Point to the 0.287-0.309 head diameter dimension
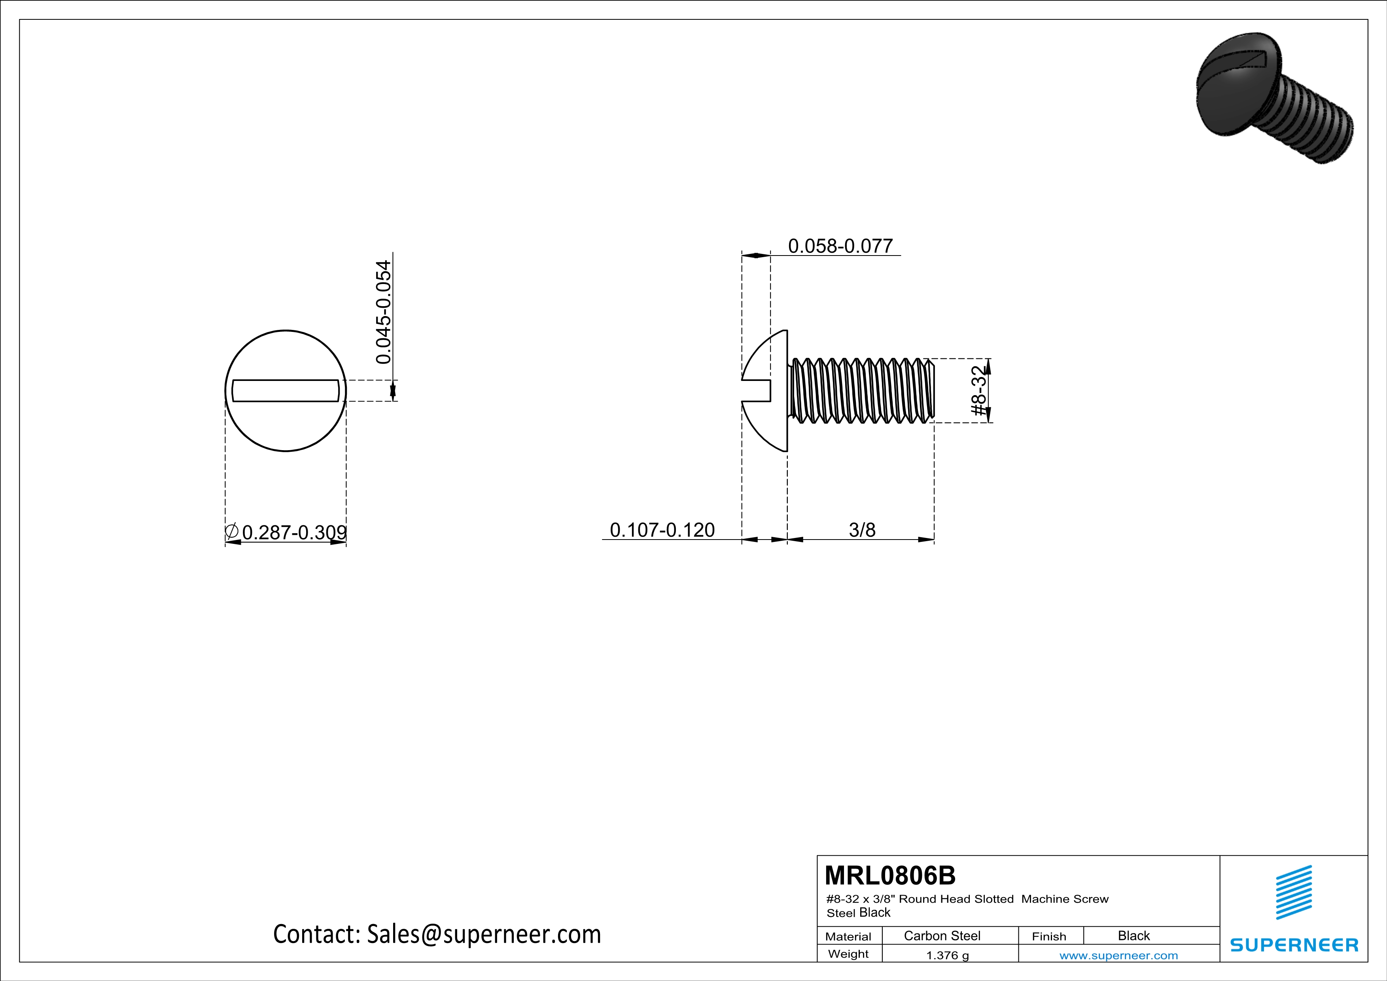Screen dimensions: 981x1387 (x=293, y=532)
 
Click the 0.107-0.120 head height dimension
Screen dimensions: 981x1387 (x=662, y=530)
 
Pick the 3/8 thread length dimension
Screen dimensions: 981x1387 (x=861, y=530)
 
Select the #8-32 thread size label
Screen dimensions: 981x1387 (x=978, y=391)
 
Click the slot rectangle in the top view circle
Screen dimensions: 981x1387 (x=285, y=391)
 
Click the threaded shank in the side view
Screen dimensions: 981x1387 (x=863, y=390)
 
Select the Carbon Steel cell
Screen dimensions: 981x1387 (x=941, y=936)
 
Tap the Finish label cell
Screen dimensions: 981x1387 (x=1049, y=936)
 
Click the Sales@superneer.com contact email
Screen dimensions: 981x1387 (x=484, y=934)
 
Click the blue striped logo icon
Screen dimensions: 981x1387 (x=1293, y=893)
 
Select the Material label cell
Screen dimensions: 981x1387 (x=848, y=936)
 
